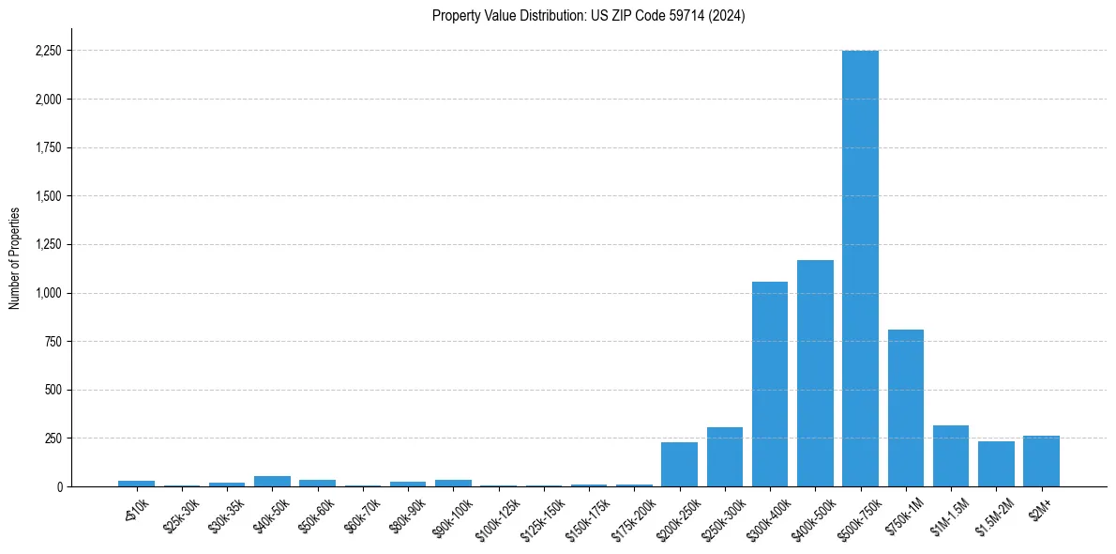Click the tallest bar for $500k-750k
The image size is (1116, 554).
tap(860, 268)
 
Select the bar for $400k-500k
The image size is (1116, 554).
tap(815, 373)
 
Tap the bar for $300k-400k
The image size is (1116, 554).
tap(769, 384)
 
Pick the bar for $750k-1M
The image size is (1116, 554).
tap(906, 408)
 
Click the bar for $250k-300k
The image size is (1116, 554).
tap(724, 457)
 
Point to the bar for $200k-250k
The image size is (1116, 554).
tap(679, 464)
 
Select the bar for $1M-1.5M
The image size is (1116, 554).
tap(951, 456)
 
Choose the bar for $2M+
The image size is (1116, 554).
tap(1041, 461)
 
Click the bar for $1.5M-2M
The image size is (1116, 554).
tap(996, 464)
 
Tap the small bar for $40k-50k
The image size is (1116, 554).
tap(272, 481)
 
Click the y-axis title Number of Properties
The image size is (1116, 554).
tap(14, 258)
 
